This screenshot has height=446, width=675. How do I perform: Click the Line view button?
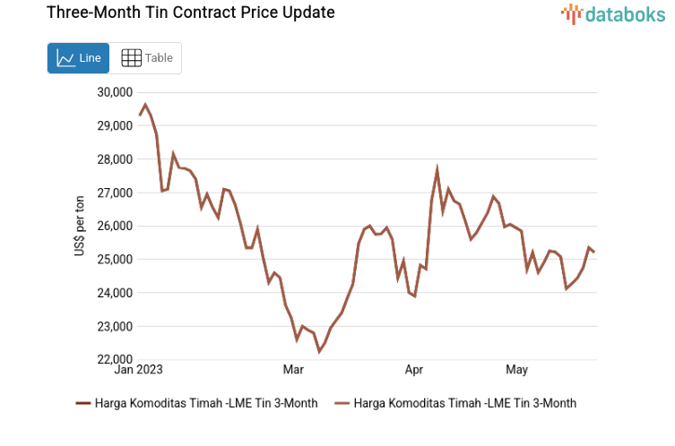pos(78,58)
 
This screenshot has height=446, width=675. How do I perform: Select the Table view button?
pos(146,58)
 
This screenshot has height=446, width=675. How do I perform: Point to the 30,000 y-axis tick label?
pos(113,91)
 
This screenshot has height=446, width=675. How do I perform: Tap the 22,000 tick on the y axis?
pos(113,359)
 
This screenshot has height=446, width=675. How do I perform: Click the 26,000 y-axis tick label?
pos(113,226)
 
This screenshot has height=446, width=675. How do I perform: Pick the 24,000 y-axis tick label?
pos(113,293)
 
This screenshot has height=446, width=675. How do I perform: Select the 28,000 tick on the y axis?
pos(113,159)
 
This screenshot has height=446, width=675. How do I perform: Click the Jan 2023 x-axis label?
pos(138,369)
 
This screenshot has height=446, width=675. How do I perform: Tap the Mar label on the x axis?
pos(293,369)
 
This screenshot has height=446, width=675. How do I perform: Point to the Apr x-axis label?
pos(413,369)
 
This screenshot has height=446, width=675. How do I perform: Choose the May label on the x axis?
pos(516,369)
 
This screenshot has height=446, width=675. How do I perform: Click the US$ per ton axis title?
pos(79,226)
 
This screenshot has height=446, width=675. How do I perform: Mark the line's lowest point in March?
pos(319,352)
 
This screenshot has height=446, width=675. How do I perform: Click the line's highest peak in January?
pos(145,104)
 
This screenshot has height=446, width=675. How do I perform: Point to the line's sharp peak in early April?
pos(437,168)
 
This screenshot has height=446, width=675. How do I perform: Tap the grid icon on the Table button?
pos(131,58)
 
